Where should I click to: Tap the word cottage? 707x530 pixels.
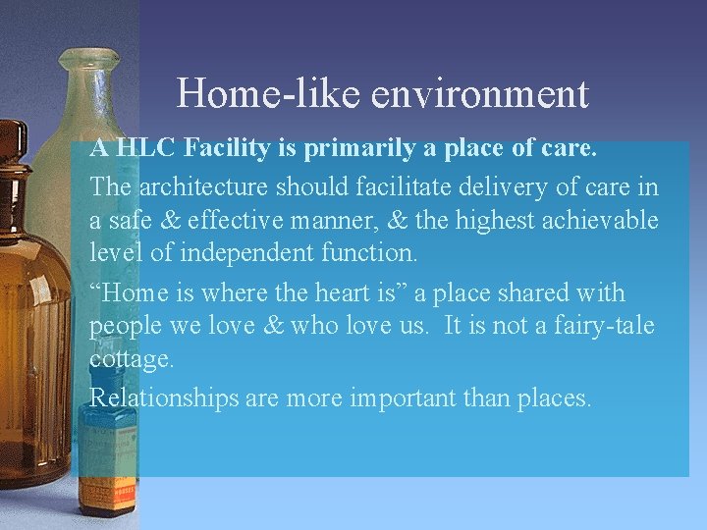[x=132, y=360]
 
